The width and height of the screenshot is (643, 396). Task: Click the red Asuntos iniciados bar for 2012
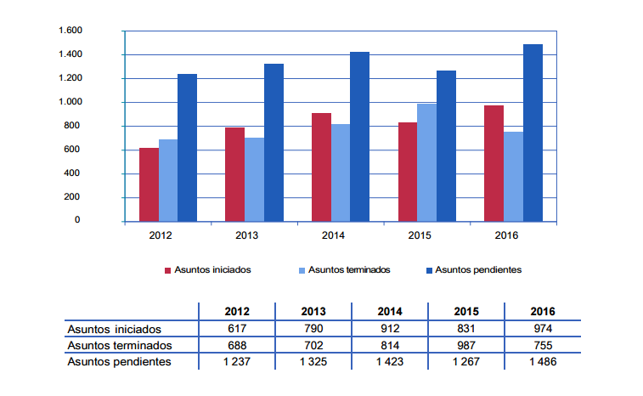(149, 184)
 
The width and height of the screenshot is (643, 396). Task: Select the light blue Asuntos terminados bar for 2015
(427, 162)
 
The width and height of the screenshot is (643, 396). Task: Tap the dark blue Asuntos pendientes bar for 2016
(533, 133)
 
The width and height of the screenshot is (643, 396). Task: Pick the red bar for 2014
(321, 167)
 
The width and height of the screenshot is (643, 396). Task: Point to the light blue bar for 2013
(254, 180)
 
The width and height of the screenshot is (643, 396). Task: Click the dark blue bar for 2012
(187, 148)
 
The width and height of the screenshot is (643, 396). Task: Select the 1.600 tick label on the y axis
(71, 31)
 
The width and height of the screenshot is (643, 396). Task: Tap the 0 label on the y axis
(77, 220)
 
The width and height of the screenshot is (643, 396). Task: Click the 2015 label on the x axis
(420, 235)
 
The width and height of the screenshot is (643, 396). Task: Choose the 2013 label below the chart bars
(247, 235)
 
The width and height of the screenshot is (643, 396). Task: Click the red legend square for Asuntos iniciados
(167, 270)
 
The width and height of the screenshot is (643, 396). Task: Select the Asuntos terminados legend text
(349, 269)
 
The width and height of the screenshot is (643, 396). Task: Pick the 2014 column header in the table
(390, 312)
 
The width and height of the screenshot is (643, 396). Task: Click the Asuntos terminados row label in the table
(120, 346)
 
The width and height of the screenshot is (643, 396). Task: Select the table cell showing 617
(237, 328)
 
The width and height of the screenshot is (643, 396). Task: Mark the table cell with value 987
(466, 346)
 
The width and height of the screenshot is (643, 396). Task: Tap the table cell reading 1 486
(543, 361)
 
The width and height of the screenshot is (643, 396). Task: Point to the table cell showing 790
(313, 328)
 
